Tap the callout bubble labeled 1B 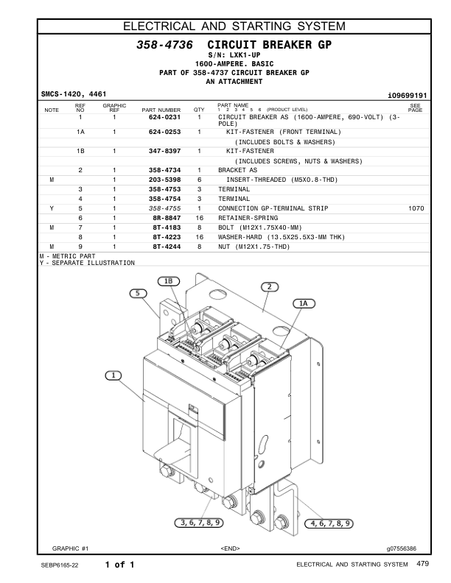point(169,280)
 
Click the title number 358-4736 point(165,46)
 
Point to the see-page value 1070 point(416,208)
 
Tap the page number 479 point(422,565)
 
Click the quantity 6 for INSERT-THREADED point(199,180)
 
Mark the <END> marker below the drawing point(230,548)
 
